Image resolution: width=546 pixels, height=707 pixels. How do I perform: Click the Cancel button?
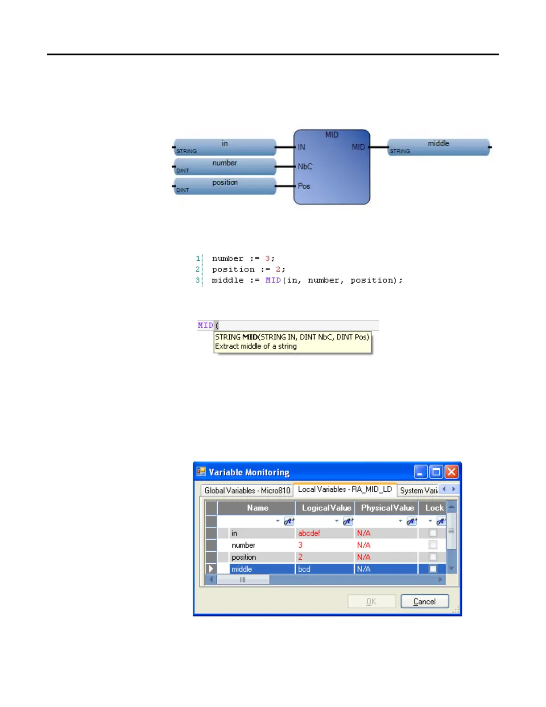424,601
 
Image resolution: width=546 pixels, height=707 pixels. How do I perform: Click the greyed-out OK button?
371,601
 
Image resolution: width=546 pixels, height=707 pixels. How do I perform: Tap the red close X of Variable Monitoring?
451,472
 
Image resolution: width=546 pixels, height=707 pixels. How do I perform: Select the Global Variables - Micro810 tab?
247,490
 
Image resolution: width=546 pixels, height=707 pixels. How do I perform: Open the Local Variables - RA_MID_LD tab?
345,489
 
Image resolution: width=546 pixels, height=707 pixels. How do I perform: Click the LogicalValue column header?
326,508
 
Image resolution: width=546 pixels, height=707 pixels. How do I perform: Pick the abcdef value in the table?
310,533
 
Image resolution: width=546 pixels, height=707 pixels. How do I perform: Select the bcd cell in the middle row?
305,569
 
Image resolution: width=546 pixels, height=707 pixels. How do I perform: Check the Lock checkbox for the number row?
433,545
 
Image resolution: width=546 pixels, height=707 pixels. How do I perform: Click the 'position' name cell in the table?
244,557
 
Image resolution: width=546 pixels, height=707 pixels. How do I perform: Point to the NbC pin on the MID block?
305,166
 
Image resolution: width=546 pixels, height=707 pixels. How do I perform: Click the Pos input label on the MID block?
304,186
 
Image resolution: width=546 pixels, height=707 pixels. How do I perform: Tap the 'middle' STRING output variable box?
438,147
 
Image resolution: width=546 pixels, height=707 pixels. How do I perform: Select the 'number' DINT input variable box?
225,166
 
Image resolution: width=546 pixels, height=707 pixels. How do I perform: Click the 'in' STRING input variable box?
225,147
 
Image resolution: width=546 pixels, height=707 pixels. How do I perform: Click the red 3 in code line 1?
267,258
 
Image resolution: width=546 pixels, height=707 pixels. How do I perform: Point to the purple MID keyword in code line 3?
273,280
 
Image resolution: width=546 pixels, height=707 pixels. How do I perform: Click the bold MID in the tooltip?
250,337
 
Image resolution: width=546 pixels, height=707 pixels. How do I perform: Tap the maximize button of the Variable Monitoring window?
436,472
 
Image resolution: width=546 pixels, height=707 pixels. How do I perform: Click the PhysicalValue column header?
387,508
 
